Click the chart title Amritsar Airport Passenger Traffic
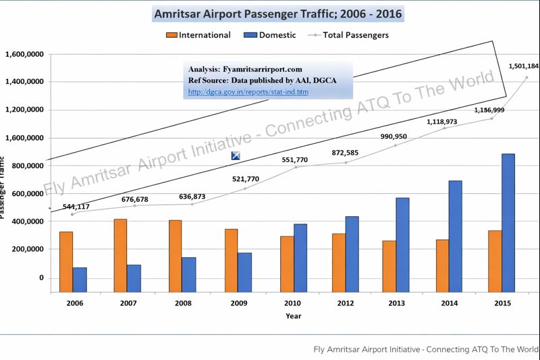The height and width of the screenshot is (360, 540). pyautogui.click(x=279, y=14)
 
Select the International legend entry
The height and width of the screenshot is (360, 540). pyautogui.click(x=199, y=35)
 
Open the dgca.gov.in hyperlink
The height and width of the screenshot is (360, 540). pyautogui.click(x=248, y=92)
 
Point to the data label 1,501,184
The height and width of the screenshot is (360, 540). pyautogui.click(x=523, y=66)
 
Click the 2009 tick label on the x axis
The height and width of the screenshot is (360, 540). pyautogui.click(x=239, y=304)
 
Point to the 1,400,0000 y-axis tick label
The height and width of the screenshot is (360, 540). pyautogui.click(x=25, y=82)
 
